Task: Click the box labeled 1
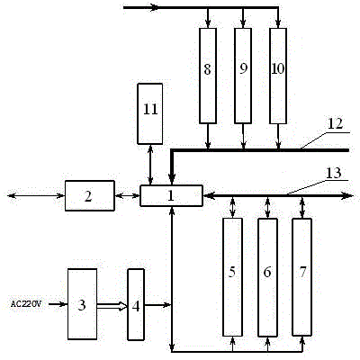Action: [x=171, y=195]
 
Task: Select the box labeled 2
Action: [x=90, y=195]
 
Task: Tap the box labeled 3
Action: [x=82, y=304]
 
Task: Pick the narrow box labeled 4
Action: [x=136, y=304]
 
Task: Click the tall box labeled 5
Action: [x=232, y=277]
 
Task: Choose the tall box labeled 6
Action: [x=267, y=277]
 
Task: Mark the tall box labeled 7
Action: [x=302, y=277]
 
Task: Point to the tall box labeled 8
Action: [x=208, y=76]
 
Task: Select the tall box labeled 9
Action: [x=243, y=76]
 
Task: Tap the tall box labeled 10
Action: [x=278, y=76]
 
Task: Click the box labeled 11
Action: [x=150, y=113]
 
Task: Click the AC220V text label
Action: [x=26, y=304]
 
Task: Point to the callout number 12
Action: [x=335, y=123]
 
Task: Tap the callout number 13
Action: [x=334, y=173]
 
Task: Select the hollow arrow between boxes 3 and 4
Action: [x=112, y=306]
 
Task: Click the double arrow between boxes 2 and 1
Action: [x=128, y=196]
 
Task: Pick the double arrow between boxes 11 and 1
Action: [x=150, y=165]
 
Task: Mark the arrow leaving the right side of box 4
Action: [x=157, y=305]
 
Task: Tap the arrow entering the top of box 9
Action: [x=243, y=18]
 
